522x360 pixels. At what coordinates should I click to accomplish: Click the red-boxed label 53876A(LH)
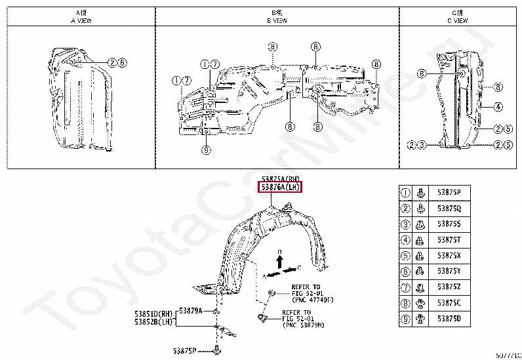[x=280, y=188]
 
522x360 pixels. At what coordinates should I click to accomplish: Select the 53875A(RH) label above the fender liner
[x=280, y=178]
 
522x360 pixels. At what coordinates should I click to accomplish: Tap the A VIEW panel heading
[x=81, y=16]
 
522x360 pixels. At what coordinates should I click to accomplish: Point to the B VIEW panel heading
[x=277, y=16]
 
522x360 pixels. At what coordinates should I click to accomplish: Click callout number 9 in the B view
[x=206, y=150]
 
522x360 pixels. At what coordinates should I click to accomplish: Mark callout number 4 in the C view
[x=498, y=106]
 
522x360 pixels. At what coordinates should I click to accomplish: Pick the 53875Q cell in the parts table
[x=449, y=209]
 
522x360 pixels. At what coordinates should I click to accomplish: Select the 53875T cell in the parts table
[x=449, y=240]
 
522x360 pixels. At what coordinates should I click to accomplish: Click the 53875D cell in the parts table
[x=449, y=319]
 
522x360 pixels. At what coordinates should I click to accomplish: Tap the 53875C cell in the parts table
[x=449, y=303]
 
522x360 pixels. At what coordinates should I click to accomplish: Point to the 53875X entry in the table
[x=449, y=256]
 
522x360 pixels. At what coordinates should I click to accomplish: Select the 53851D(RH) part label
[x=153, y=313]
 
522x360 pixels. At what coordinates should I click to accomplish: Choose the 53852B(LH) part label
[x=153, y=322]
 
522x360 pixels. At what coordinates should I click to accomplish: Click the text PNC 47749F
[x=308, y=300]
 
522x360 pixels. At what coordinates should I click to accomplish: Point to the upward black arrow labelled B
[x=279, y=261]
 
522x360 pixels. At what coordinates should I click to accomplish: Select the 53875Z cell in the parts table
[x=449, y=287]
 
